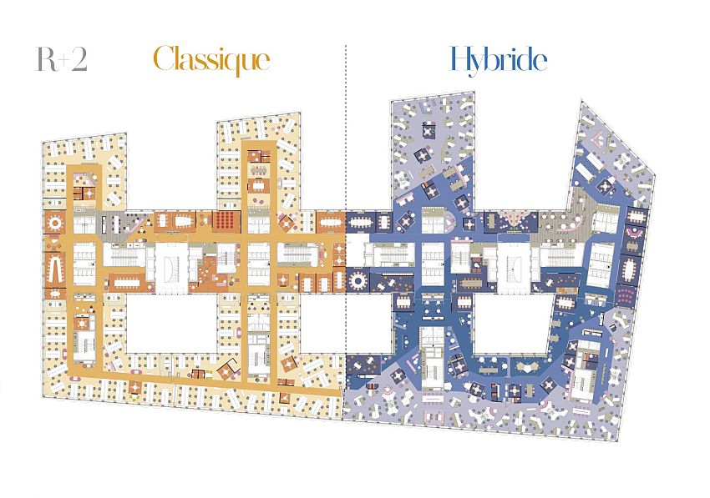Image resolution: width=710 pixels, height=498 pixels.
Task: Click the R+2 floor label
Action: pos(62,59)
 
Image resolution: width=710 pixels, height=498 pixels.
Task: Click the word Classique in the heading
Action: pos(212,61)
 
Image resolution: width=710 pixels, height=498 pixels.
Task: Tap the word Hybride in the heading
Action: pos(499,60)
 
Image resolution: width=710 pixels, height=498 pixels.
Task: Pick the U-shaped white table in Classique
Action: pos(56,270)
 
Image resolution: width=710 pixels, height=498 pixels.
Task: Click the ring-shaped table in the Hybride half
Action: pos(358,280)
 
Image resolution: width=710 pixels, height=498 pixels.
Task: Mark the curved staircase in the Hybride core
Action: pos(514,267)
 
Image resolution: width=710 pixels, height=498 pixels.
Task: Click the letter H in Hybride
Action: pos(462,58)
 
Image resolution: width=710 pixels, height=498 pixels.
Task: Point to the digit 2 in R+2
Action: pos(79,59)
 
